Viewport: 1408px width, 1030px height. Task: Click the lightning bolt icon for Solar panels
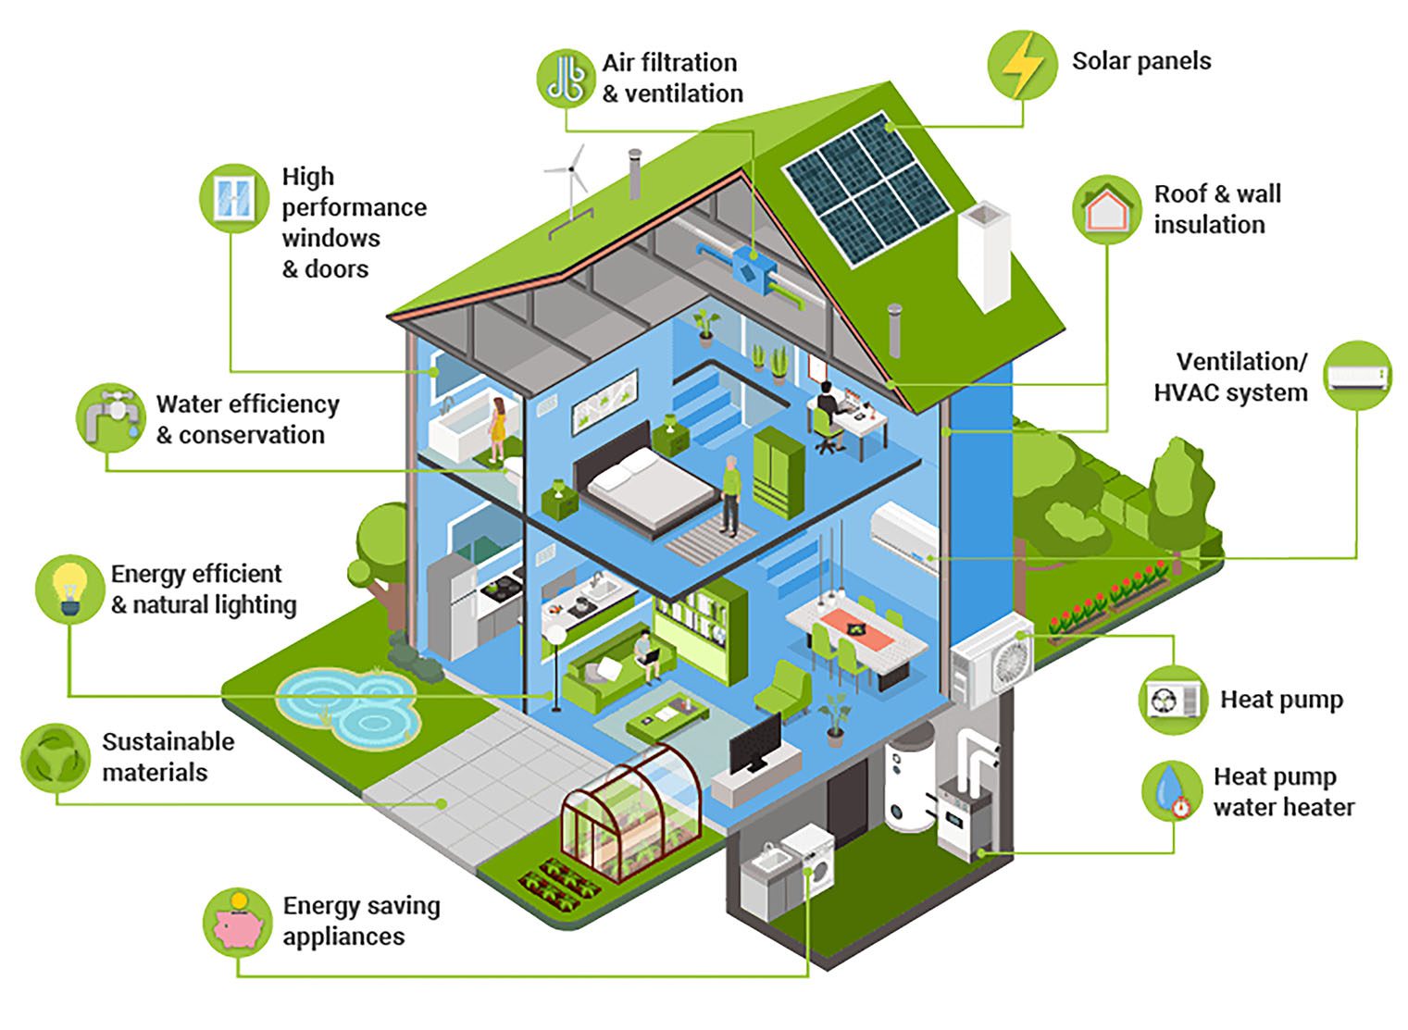(1022, 65)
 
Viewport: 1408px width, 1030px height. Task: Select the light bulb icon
(69, 589)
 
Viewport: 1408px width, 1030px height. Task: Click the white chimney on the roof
(985, 255)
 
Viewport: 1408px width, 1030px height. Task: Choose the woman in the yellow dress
(498, 427)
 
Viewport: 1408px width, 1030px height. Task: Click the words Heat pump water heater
(1283, 792)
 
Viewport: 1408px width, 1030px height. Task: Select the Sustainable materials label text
(168, 757)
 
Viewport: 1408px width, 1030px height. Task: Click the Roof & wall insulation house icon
(1107, 209)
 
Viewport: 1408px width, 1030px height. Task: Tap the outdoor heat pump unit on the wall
(993, 658)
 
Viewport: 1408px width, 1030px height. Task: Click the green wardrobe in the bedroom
(778, 471)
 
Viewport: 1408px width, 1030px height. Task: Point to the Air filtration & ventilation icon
(566, 79)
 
